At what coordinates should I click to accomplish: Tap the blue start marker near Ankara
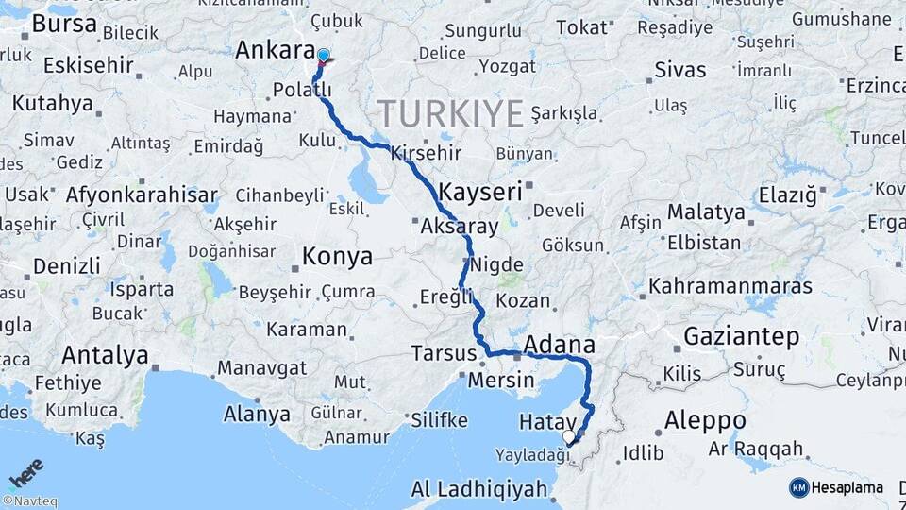pyautogui.click(x=324, y=56)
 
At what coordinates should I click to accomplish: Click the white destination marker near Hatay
pyautogui.click(x=569, y=436)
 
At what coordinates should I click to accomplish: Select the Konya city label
pyautogui.click(x=337, y=257)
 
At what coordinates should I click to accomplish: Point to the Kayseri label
pyautogui.click(x=481, y=192)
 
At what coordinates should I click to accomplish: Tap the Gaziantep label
pyautogui.click(x=741, y=336)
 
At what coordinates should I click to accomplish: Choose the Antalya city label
pyautogui.click(x=105, y=356)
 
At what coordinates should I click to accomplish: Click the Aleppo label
pyautogui.click(x=704, y=420)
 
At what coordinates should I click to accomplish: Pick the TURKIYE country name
pyautogui.click(x=451, y=114)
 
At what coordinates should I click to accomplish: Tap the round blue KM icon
pyautogui.click(x=798, y=487)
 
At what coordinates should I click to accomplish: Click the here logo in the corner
pyautogui.click(x=25, y=472)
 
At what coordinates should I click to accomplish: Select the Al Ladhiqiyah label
pyautogui.click(x=479, y=489)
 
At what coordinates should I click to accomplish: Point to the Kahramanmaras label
pyautogui.click(x=730, y=285)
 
